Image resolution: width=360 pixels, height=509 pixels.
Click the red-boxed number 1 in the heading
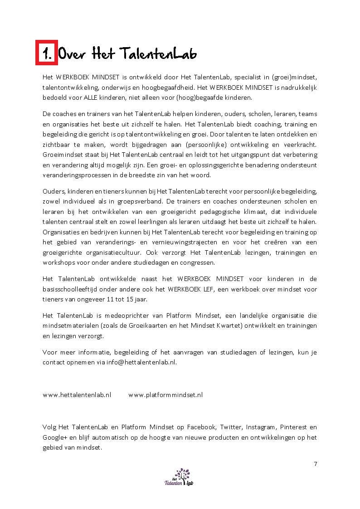[x=46, y=53]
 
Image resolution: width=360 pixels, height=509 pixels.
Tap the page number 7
[x=315, y=464]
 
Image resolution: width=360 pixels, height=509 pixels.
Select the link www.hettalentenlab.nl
[x=77, y=395]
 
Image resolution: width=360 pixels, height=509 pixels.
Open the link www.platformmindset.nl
[x=165, y=395]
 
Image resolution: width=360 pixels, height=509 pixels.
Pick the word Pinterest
[x=294, y=427]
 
